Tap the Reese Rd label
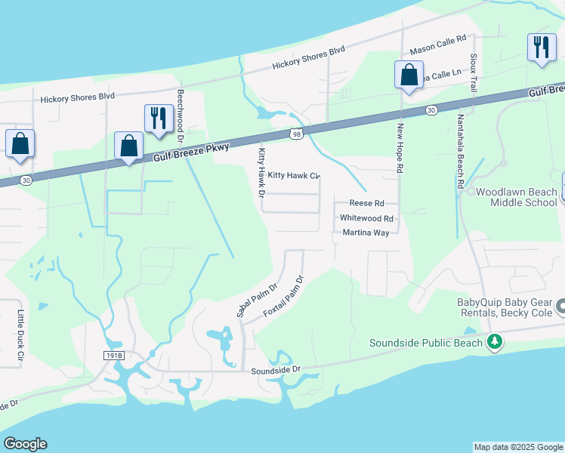(x=367, y=203)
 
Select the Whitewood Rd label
(x=367, y=217)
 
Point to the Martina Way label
(x=366, y=233)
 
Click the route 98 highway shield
(x=296, y=134)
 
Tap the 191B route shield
(x=113, y=354)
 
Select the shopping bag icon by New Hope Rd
(x=408, y=75)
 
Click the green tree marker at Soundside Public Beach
(x=495, y=343)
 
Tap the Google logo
(x=25, y=444)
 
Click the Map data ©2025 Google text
(x=517, y=447)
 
